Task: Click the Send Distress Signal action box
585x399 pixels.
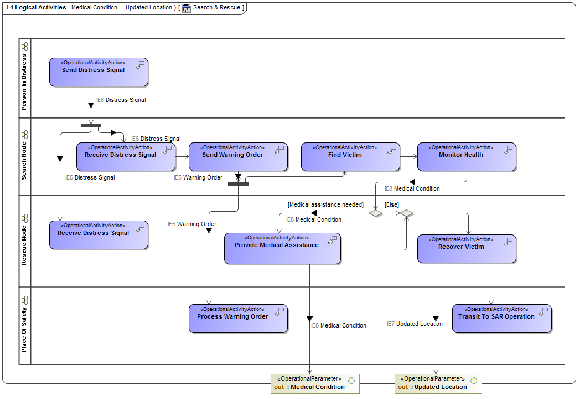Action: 99,72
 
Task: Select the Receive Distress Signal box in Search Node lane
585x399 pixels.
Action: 126,157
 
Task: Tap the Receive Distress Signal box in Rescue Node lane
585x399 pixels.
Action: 99,235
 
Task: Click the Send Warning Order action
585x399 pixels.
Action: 238,157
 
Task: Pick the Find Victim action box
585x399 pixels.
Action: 350,157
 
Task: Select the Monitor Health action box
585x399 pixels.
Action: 467,157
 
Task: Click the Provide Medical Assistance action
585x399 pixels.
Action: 282,248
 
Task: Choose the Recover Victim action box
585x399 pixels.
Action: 467,249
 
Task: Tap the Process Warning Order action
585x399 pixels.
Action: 238,319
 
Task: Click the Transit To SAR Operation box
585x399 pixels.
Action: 502,319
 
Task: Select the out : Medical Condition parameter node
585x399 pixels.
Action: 315,383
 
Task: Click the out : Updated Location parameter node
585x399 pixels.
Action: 438,383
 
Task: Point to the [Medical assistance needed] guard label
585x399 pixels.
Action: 325,204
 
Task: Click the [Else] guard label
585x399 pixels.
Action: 391,204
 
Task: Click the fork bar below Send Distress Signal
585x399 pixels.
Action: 91,125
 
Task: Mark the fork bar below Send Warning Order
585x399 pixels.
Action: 238,183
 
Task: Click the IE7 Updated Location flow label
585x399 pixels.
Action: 415,324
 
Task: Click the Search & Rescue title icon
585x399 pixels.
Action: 187,8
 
